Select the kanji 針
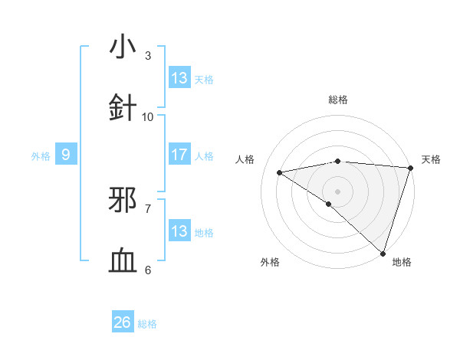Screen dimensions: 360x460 tap(123, 106)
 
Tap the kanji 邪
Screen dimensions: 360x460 tap(123, 201)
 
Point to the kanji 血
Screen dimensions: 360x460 tap(123, 261)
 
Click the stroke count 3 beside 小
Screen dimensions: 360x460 tap(148, 56)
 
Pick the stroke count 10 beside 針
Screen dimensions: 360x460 tap(148, 116)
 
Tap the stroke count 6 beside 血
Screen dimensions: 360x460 tap(148, 270)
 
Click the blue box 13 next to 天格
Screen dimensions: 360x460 tap(179, 78)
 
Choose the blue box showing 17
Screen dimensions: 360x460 tap(179, 155)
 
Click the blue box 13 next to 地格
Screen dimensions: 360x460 tap(179, 231)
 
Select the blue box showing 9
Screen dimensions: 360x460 tap(66, 155)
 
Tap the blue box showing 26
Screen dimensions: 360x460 tap(122, 322)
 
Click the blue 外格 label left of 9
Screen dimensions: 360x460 tap(41, 156)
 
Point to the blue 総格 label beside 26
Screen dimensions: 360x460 tap(147, 324)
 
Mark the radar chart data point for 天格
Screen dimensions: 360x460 tap(411, 169)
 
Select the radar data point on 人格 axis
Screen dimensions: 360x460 tap(280, 172)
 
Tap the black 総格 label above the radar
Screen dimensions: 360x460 tap(338, 100)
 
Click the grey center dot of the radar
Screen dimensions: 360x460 tap(337, 190)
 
